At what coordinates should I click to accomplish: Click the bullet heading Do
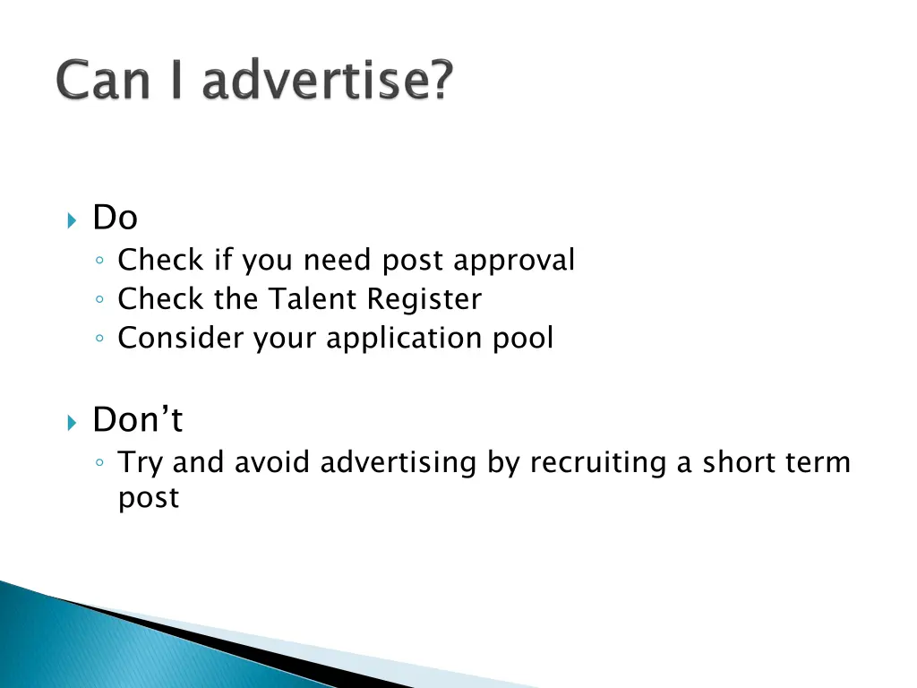point(116,218)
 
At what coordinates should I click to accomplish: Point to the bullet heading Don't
point(137,419)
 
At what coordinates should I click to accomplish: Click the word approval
point(514,261)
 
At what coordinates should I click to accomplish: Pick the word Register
point(424,300)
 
